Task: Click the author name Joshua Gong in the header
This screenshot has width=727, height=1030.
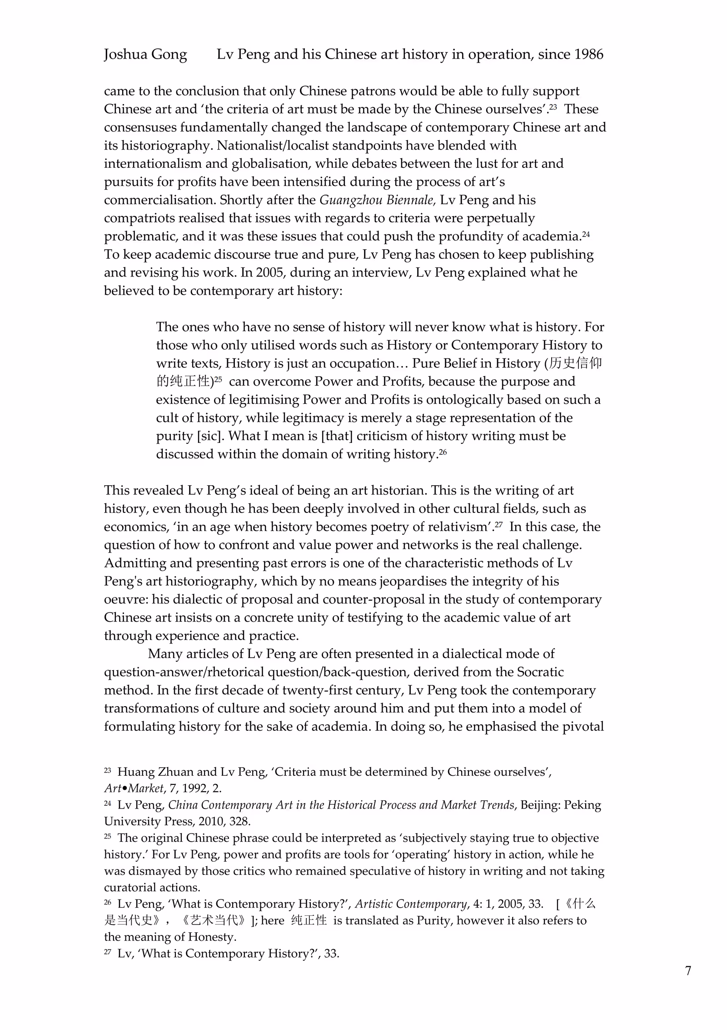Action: pos(145,55)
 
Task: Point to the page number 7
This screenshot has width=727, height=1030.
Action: pos(688,971)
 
